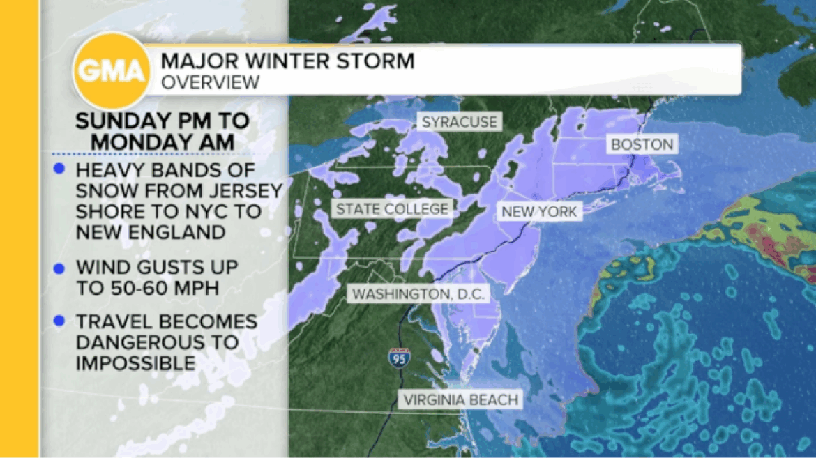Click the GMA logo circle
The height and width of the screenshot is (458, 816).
click(112, 70)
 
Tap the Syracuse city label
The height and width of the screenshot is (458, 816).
click(460, 122)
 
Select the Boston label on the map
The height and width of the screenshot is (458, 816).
click(642, 144)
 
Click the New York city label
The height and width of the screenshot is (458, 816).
click(539, 211)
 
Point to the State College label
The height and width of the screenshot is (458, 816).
click(392, 208)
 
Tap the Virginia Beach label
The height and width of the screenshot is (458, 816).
click(460, 399)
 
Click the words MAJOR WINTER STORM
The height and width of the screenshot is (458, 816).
click(287, 61)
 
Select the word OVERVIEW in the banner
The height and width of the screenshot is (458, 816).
click(210, 82)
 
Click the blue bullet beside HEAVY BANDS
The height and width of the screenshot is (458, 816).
click(59, 169)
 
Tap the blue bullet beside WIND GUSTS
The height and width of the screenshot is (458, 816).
click(59, 267)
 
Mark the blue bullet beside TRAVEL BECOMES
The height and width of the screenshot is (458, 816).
click(59, 321)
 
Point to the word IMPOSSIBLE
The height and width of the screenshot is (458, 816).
click(135, 362)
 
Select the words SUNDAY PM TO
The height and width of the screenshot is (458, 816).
click(163, 120)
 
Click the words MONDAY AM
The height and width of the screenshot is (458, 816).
click(163, 141)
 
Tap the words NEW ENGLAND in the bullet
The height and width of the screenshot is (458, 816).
click(151, 231)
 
